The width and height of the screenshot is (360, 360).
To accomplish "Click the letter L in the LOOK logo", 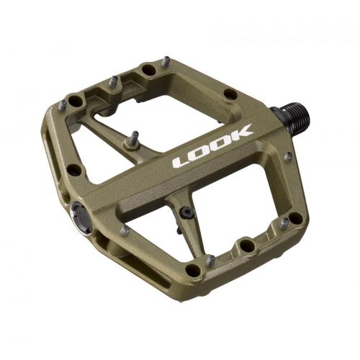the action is (x=182, y=162).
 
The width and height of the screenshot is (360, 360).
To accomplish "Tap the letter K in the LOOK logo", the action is (x=240, y=133).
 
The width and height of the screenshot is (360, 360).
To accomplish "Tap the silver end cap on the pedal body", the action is (x=82, y=217).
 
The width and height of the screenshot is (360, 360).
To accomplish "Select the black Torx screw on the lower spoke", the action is (x=186, y=212).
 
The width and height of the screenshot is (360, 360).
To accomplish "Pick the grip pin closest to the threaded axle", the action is (x=288, y=157).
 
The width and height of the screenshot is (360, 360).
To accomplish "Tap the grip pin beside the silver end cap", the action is (x=125, y=230).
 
